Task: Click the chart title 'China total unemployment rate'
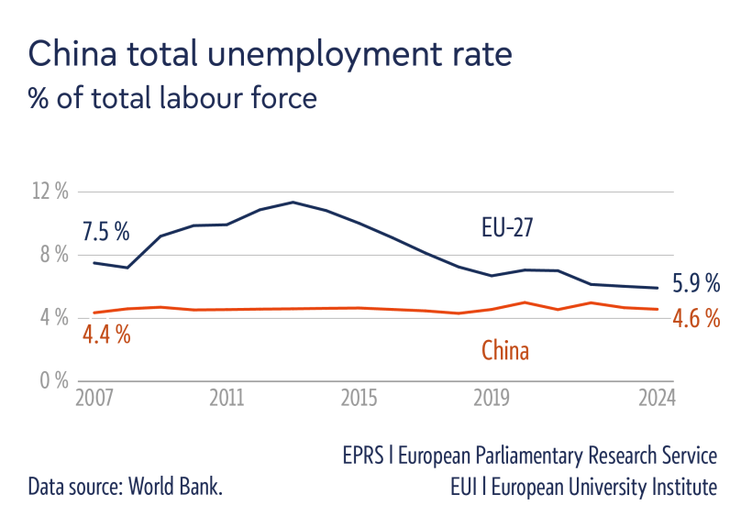pyautogui.click(x=271, y=54)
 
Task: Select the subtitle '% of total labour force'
pyautogui.click(x=172, y=97)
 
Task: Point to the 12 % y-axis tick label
pyautogui.click(x=50, y=192)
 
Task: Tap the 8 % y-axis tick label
pyautogui.click(x=53, y=254)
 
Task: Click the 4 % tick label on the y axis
pyautogui.click(x=53, y=317)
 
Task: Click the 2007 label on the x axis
pyautogui.click(x=93, y=399)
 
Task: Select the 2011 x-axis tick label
pyautogui.click(x=226, y=399)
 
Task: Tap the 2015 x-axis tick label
pyautogui.click(x=359, y=399)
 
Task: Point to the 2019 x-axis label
pyautogui.click(x=492, y=399)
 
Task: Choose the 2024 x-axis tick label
pyautogui.click(x=658, y=399)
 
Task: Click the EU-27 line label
pyautogui.click(x=507, y=227)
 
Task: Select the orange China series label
pyautogui.click(x=504, y=350)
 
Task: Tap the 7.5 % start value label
pyautogui.click(x=106, y=232)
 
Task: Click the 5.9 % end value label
pyautogui.click(x=696, y=283)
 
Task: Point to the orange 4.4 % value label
pyautogui.click(x=106, y=335)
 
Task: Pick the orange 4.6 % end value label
pyautogui.click(x=696, y=319)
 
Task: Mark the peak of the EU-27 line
pyautogui.click(x=293, y=202)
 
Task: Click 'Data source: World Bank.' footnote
pyautogui.click(x=126, y=487)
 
